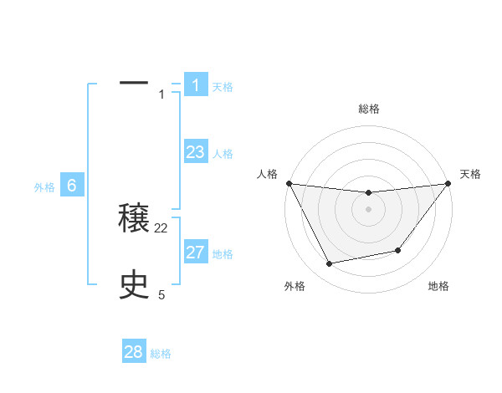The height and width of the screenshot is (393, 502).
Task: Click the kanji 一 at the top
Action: (x=134, y=84)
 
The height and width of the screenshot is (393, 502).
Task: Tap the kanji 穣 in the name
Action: (x=134, y=219)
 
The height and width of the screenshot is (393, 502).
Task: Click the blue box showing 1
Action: (x=196, y=84)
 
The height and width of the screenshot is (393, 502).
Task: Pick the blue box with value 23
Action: (x=196, y=152)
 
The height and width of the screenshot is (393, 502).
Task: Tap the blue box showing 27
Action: (x=196, y=253)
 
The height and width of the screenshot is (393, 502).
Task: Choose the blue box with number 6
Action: (x=72, y=186)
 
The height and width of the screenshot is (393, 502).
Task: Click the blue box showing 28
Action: (x=134, y=352)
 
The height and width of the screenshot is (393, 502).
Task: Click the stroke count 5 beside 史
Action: (x=161, y=294)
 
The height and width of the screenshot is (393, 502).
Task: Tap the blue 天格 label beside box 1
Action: (x=223, y=86)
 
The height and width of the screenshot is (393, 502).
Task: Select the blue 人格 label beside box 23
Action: (x=223, y=154)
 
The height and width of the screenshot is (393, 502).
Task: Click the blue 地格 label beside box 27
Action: (x=223, y=254)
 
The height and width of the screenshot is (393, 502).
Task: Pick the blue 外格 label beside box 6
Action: (x=44, y=187)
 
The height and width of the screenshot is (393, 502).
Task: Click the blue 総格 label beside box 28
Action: (x=161, y=354)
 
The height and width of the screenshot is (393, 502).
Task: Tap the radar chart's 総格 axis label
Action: (x=368, y=109)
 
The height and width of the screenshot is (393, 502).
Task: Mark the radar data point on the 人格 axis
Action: (x=289, y=183)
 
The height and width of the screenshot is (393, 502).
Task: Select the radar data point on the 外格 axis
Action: (x=330, y=264)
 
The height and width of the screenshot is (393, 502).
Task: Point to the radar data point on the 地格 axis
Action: (x=398, y=250)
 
